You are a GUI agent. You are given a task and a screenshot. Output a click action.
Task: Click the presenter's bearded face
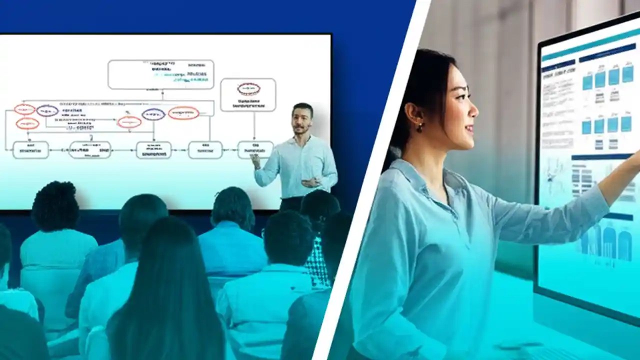(302, 120)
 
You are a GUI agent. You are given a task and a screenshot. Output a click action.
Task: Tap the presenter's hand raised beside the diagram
(255, 160)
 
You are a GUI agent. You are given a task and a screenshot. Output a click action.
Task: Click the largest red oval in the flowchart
(183, 113)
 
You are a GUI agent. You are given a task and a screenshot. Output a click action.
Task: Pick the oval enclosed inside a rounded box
(248, 89)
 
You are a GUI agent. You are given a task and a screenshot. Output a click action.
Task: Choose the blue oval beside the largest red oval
(153, 114)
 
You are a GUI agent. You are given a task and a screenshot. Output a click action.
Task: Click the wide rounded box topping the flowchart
(160, 74)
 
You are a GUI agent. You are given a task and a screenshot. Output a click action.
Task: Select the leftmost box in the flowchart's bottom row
(30, 149)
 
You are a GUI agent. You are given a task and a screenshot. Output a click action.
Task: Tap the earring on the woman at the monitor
(420, 127)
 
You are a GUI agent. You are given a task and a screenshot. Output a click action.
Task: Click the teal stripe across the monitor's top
(590, 42)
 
